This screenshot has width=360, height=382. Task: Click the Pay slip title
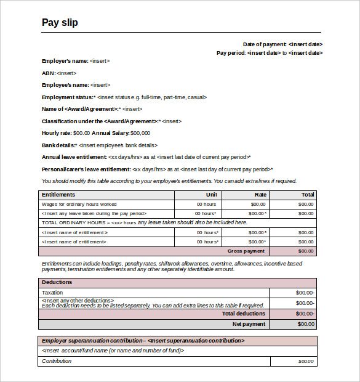pyautogui.click(x=60, y=23)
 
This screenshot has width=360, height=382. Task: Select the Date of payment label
pyautogui.click(x=265, y=44)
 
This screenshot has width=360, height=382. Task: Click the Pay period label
pyautogui.click(x=231, y=53)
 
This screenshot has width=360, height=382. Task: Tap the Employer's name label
pyautogui.click(x=65, y=61)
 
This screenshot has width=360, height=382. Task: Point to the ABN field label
pyautogui.click(x=49, y=73)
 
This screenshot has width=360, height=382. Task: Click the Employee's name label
pyautogui.click(x=65, y=85)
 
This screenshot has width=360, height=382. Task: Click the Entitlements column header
pyautogui.click(x=58, y=195)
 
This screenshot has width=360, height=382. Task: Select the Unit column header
pyautogui.click(x=211, y=195)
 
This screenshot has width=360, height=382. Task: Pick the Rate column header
pyautogui.click(x=260, y=195)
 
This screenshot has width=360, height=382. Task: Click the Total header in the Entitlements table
pyautogui.click(x=308, y=195)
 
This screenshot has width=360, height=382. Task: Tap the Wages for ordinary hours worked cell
pyautogui.click(x=79, y=204)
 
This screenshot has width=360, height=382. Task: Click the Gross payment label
pyautogui.click(x=246, y=251)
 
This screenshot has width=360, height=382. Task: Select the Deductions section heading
pyautogui.click(x=57, y=282)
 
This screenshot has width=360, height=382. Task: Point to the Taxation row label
pyautogui.click(x=52, y=293)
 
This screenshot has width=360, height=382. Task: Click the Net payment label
pyautogui.click(x=249, y=324)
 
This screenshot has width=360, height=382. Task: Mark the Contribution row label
pyautogui.click(x=57, y=361)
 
